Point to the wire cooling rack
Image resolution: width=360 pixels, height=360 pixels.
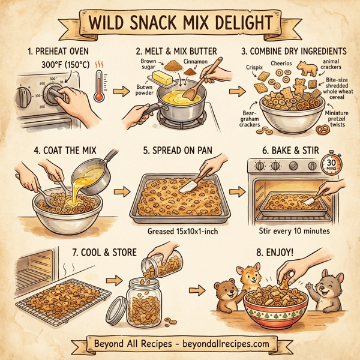(x=57, y=298)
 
